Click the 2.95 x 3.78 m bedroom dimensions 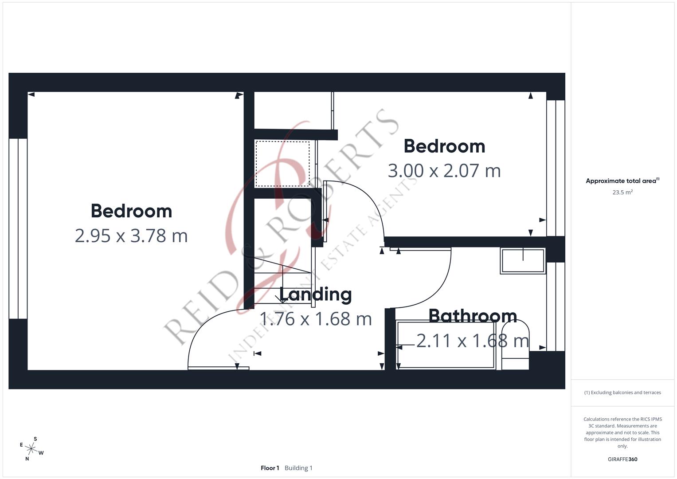[131, 236]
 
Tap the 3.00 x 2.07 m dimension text [444, 171]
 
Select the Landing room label [315, 294]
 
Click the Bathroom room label [473, 316]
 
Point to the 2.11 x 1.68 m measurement [473, 341]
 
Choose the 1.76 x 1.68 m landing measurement [315, 319]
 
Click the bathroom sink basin [523, 260]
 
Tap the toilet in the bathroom [515, 346]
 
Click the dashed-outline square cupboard [282, 164]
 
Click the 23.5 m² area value [622, 192]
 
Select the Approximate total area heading [622, 181]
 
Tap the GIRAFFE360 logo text [622, 459]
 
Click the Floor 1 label [270, 468]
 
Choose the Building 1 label [298, 468]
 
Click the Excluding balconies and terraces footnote [622, 393]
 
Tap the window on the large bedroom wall [18, 228]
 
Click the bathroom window [556, 306]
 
